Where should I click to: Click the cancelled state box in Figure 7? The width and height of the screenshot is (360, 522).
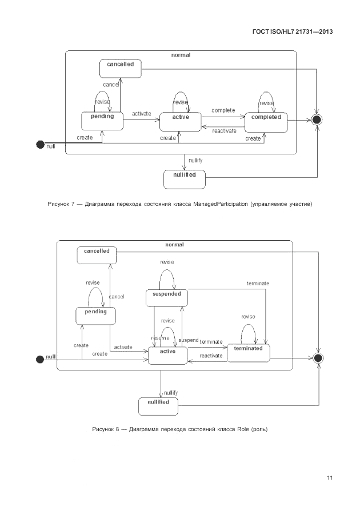120,69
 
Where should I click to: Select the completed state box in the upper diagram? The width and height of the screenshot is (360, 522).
266,121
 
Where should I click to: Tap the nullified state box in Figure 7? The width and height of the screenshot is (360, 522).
184,179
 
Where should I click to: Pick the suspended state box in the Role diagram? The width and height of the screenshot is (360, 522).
166,298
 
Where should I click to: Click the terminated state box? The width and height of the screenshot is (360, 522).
248,352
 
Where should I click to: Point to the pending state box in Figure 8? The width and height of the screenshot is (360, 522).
95,316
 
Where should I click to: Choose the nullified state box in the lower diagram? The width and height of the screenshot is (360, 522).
158,406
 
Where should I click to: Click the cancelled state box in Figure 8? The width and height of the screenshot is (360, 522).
97,255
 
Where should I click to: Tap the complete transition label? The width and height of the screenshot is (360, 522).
223,110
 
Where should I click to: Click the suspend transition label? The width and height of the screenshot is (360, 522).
189,340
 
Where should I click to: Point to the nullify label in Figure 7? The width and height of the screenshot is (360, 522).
195,161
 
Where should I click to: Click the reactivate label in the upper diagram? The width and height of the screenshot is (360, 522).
224,131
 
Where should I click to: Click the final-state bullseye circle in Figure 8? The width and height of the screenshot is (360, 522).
318,358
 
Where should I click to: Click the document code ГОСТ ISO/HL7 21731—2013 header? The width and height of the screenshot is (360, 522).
292,31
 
